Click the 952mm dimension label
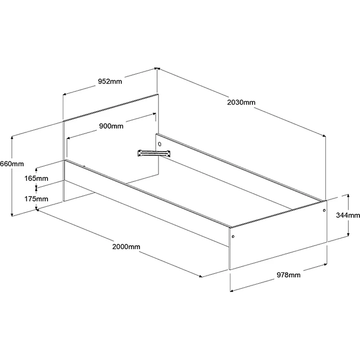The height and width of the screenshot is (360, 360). tap(110, 82)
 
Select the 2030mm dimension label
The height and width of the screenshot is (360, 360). tap(241, 102)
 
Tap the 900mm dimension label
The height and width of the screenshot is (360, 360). tap(111, 126)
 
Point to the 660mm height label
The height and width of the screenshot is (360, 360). tap(12, 164)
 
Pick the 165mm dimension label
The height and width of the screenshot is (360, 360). tap(36, 179)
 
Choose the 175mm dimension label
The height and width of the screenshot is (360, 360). tap(36, 199)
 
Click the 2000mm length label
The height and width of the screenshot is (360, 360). tap(126, 247)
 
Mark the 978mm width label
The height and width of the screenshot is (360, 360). tap(289, 275)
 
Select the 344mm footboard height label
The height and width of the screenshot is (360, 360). tap(348, 215)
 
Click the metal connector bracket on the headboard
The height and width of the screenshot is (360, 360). tap(154, 153)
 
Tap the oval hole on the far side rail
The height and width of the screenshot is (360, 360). tap(160, 144)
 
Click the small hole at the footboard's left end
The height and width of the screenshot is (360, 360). tap(233, 236)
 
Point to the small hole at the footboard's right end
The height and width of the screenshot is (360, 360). tap(324, 210)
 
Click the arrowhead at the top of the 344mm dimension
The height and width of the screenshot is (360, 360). tap(348, 196)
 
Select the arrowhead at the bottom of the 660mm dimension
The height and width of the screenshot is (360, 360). tap(12, 214)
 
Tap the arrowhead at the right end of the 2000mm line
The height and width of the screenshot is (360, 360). tap(201, 276)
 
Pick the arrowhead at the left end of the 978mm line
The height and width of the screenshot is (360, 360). tap(232, 291)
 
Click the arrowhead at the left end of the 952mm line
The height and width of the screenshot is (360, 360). tap(65, 94)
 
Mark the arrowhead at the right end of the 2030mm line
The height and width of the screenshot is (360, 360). tap(324, 135)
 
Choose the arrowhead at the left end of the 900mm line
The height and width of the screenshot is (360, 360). tap(68, 138)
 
